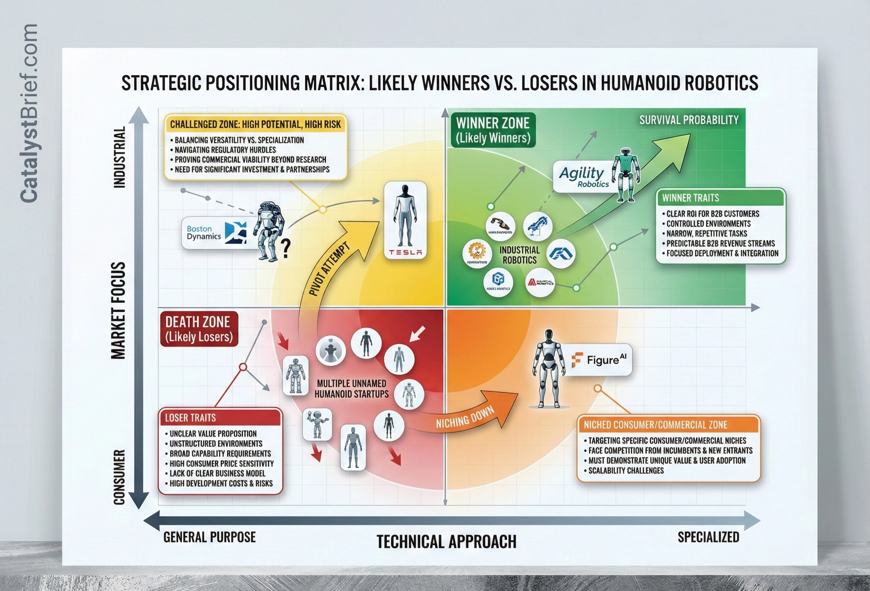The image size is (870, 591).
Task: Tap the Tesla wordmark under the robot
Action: point(405,252)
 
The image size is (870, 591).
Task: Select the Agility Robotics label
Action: point(583,177)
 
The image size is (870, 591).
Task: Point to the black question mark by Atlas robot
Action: point(286,248)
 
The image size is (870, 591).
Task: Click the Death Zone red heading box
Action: point(199,329)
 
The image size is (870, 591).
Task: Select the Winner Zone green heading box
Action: point(493,130)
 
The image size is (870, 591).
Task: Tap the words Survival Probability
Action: point(689,120)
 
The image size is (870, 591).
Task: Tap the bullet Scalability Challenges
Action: point(626,470)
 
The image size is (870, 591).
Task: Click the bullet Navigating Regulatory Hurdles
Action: point(225,150)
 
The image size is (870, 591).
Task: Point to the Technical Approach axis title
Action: point(446,542)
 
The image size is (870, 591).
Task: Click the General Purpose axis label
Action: point(210,537)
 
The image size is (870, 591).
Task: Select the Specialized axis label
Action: point(708,537)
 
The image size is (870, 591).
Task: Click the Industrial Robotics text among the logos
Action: point(519,255)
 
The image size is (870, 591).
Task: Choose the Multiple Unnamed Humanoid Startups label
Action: point(351,389)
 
